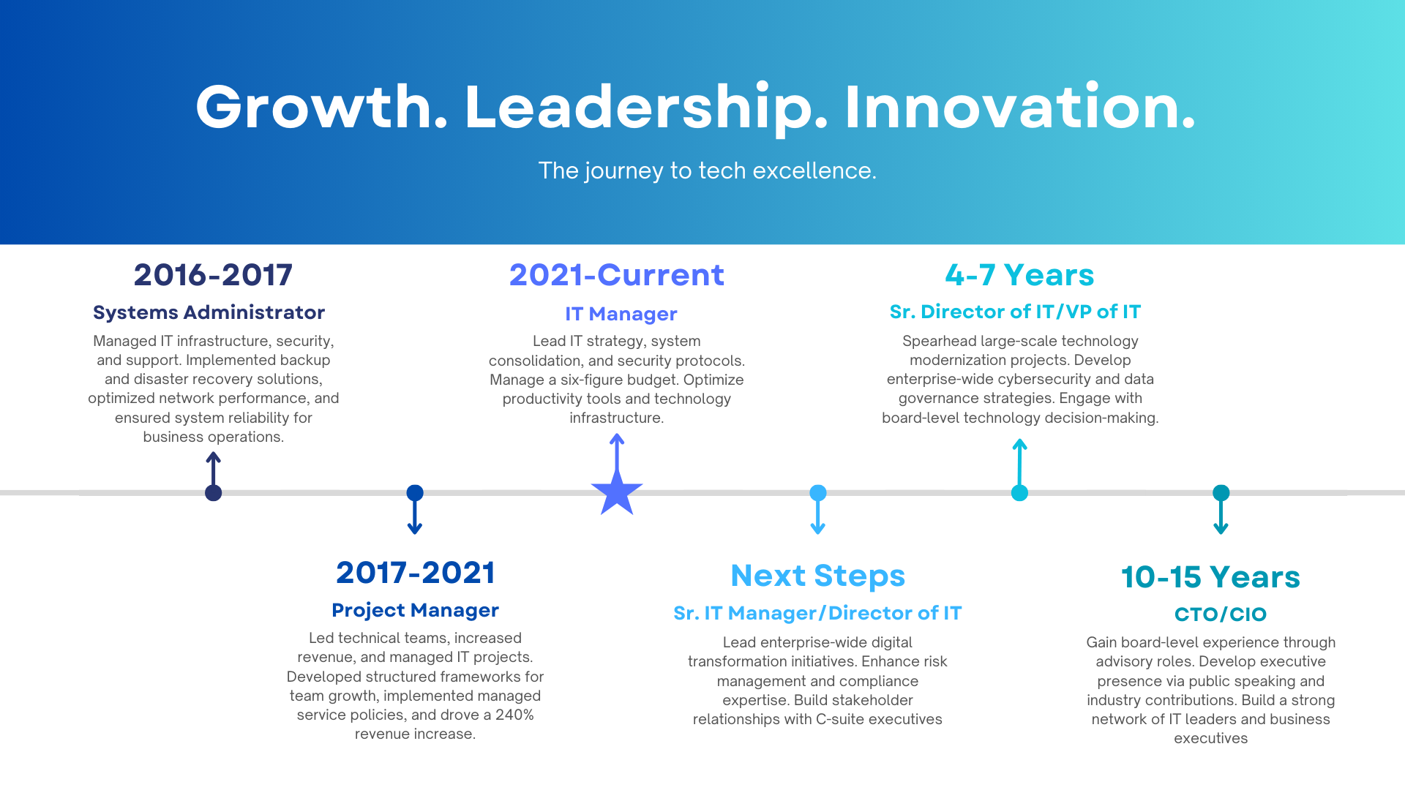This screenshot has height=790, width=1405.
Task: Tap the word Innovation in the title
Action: [x=1019, y=108]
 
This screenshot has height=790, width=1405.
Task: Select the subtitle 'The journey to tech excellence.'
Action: [x=707, y=170]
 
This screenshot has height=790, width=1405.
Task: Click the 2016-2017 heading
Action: [x=213, y=275]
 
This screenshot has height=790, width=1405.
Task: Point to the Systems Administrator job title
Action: [x=209, y=312]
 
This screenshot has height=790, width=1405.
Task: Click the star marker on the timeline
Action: [x=617, y=492]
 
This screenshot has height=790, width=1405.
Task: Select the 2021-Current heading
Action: [x=616, y=275]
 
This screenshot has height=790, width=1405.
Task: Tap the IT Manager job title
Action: [x=621, y=314]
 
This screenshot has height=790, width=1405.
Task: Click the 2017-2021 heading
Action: [x=416, y=573]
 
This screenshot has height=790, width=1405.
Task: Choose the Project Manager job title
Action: [x=415, y=610]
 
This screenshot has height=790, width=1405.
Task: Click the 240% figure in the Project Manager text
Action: [x=514, y=715]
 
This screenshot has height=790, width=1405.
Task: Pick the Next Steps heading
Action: [x=817, y=576]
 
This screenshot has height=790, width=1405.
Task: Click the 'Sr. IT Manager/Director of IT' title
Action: [x=817, y=613]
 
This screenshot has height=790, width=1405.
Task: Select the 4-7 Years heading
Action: [x=1019, y=275]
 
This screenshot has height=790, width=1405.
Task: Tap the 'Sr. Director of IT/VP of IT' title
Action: [x=1015, y=312]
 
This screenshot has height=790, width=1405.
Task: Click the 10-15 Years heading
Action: [x=1210, y=577]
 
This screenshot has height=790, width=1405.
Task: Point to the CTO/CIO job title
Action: [x=1220, y=614]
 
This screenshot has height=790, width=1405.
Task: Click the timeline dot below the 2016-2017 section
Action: [x=213, y=493]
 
